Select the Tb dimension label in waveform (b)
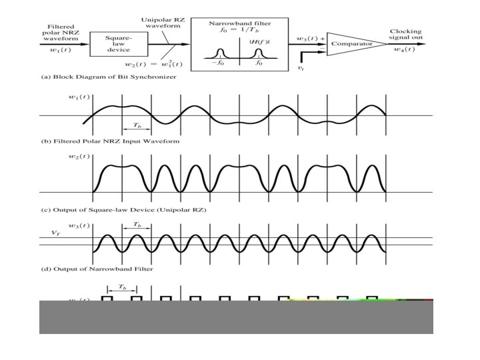pyautogui.click(x=136, y=125)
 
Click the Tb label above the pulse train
pyautogui.click(x=121, y=287)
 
